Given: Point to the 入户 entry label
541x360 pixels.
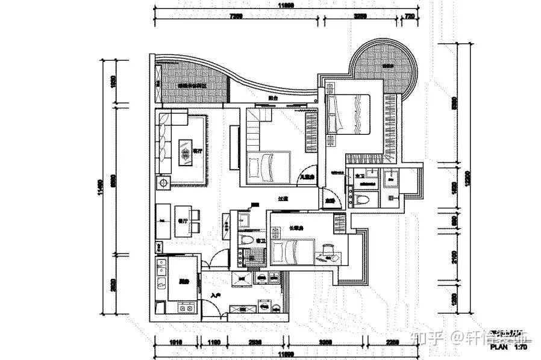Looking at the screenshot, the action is pyautogui.click(x=216, y=296).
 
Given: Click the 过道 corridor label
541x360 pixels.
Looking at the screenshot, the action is pyautogui.click(x=282, y=199).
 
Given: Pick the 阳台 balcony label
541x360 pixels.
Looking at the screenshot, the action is pyautogui.click(x=273, y=98).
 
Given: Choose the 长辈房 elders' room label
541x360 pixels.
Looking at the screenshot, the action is pyautogui.click(x=295, y=228).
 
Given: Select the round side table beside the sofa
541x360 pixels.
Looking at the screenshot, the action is pyautogui.click(x=163, y=182).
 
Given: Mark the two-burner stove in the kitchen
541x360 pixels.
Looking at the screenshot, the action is pyautogui.click(x=185, y=307).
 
